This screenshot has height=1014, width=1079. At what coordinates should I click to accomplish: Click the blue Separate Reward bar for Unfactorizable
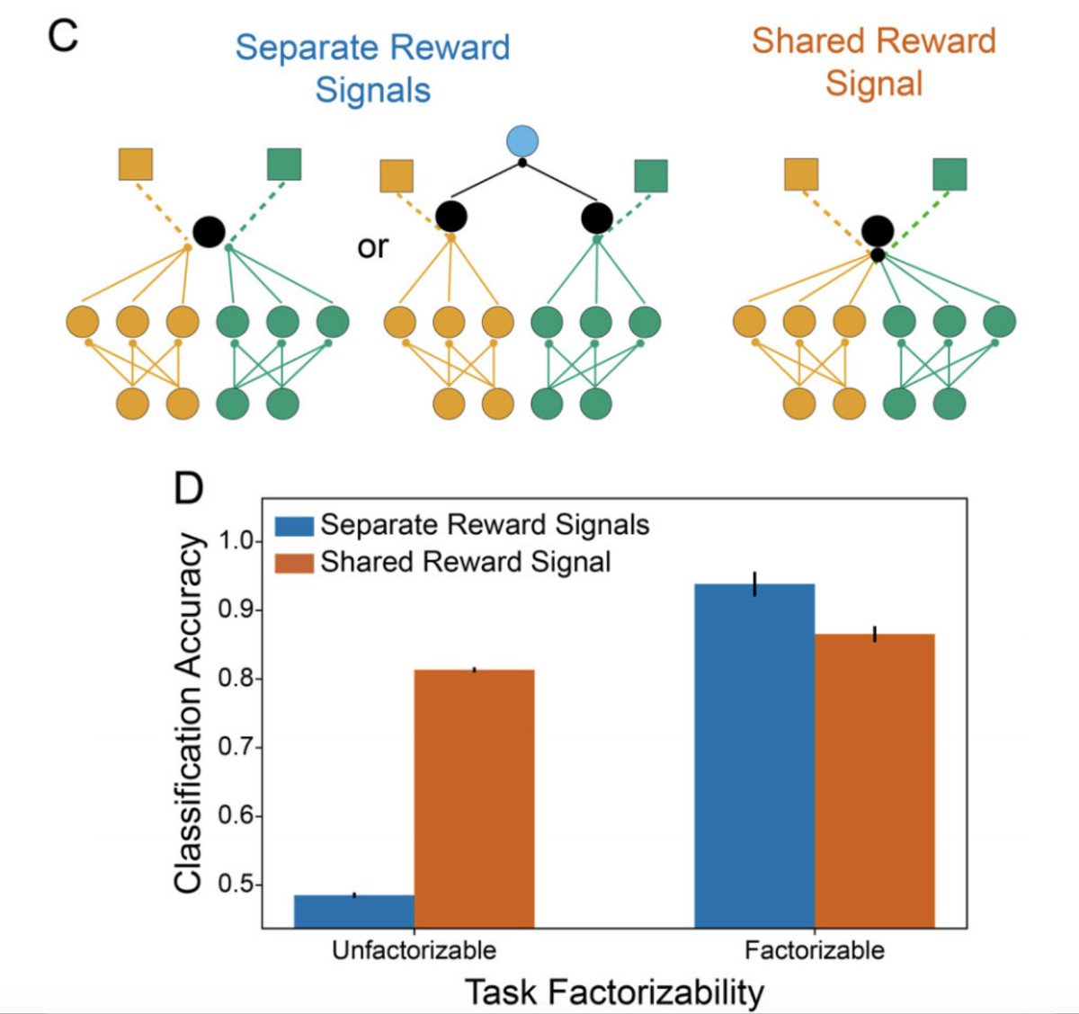click(354, 911)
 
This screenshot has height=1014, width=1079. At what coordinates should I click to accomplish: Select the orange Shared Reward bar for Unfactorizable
click(474, 798)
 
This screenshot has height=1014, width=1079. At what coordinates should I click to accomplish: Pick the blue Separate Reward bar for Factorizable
click(754, 755)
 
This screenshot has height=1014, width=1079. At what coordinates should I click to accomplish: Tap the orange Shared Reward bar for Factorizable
click(874, 780)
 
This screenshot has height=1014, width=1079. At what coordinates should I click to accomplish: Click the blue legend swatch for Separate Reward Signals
click(294, 526)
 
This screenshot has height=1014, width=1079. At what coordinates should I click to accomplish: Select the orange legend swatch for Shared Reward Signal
click(294, 563)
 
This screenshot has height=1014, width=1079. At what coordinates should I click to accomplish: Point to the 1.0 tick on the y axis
click(235, 542)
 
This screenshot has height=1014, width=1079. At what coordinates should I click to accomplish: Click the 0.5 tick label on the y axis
click(235, 885)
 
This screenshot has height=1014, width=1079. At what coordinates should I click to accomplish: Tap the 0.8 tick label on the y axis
click(235, 679)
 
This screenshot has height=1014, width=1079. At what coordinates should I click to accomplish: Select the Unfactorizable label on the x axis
click(414, 950)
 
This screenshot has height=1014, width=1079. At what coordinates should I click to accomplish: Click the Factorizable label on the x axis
click(814, 950)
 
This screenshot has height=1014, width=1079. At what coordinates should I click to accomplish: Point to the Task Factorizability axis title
click(614, 992)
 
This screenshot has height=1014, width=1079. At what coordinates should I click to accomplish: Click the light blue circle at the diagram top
click(522, 141)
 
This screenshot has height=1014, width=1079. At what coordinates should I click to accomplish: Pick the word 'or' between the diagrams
click(372, 246)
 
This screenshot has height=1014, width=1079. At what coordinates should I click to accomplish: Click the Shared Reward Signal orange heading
click(874, 62)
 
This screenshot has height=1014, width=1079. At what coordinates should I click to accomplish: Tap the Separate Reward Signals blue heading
click(372, 68)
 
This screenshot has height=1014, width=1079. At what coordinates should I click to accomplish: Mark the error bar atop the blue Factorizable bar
click(754, 583)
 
